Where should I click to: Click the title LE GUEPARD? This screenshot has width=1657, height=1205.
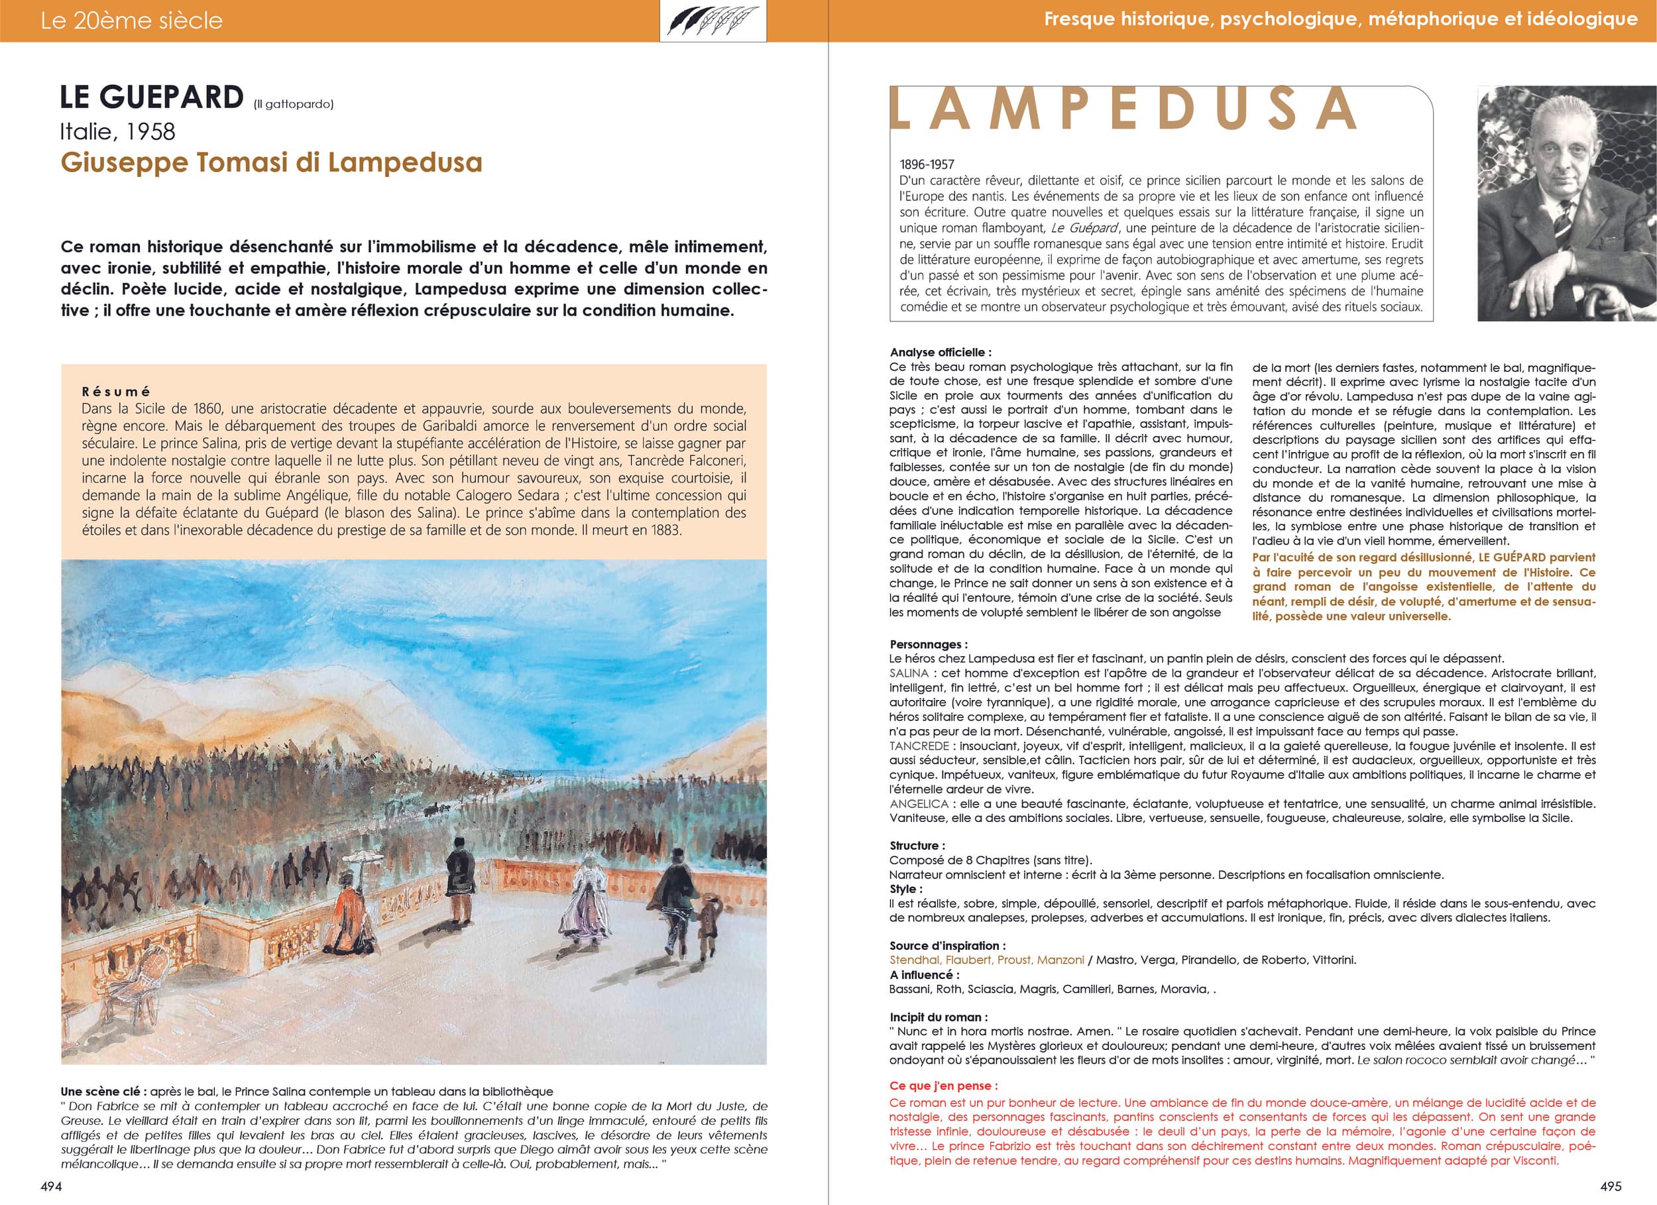152,98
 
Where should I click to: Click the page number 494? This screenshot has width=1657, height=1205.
50,1186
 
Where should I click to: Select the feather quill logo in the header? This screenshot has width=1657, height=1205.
713,21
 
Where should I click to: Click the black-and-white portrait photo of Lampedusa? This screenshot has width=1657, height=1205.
1566,203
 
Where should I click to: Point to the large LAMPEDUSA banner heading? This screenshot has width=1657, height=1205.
1122,109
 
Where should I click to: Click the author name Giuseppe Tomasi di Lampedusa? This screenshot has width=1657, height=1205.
271,162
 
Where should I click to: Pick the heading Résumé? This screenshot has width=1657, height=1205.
115,392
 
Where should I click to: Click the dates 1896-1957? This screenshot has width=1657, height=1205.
927,164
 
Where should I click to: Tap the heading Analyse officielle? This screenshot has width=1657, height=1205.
941,352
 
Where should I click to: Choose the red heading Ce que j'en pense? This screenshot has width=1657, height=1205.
943,1086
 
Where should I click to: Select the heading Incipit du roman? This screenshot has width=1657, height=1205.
938,1017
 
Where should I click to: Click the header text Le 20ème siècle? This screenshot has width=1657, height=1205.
131,21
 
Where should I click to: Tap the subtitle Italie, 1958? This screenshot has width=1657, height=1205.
117,131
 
